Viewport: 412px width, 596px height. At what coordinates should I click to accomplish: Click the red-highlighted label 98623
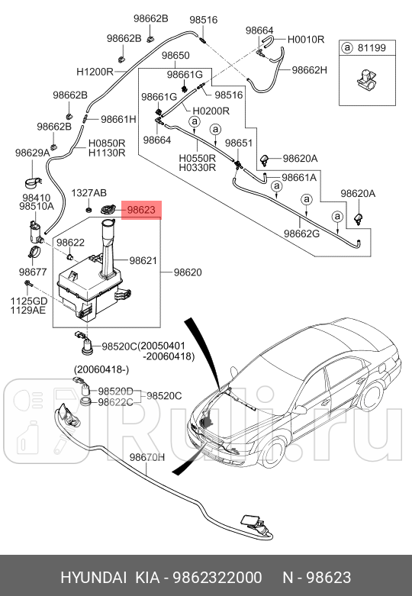pos(141,208)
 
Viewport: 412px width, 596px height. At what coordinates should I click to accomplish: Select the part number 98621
pos(143,260)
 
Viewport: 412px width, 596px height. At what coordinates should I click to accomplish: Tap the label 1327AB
pos(89,193)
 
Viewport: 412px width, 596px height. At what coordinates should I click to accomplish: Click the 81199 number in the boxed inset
pos(372,49)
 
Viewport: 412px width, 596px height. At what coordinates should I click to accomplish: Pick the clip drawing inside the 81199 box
pos(365,78)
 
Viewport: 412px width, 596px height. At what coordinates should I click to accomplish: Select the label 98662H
pos(309,69)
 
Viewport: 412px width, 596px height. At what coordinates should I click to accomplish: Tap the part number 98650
pos(175,56)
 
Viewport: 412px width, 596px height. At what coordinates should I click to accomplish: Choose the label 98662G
pos(302,234)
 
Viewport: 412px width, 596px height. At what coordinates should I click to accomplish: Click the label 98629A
pos(32,153)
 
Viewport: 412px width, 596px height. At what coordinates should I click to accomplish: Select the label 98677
pos(33,272)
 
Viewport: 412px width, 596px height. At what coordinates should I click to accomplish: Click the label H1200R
pos(95,71)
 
